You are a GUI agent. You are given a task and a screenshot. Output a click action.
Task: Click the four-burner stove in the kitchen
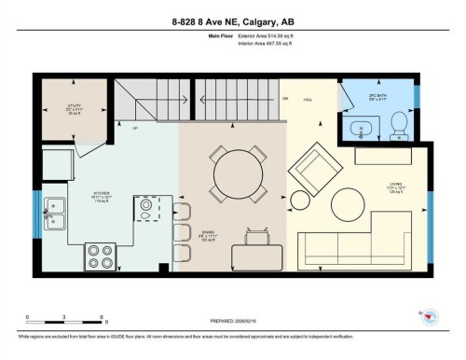pyautogui.click(x=99, y=255)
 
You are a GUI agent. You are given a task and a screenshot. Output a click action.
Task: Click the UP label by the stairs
pyautogui.click(x=135, y=128)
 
